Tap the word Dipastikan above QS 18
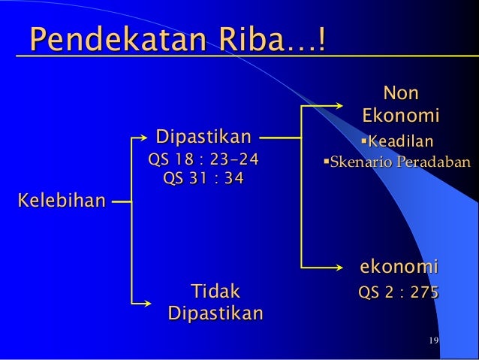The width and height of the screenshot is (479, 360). coord(203,138)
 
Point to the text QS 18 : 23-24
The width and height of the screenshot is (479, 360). coord(203,159)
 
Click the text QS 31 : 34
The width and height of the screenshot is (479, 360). coord(203,180)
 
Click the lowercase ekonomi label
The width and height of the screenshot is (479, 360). coord(399,268)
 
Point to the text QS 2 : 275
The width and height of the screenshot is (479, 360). coord(399,293)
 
